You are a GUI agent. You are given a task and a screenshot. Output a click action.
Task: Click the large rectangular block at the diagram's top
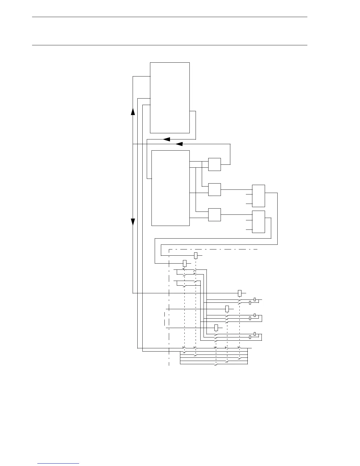[x=170, y=98]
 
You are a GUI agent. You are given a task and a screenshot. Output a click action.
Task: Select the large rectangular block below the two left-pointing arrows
[x=170, y=188]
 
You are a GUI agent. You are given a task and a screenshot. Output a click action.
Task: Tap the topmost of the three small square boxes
[x=214, y=164]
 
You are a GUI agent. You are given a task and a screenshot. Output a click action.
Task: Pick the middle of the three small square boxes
[x=214, y=190]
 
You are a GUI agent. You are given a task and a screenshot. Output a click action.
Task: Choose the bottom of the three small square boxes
[x=214, y=215]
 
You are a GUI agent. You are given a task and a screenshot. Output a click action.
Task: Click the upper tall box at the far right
[x=259, y=196]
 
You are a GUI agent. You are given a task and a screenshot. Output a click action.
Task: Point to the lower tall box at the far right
[x=259, y=222]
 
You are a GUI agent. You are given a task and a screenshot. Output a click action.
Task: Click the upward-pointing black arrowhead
[x=133, y=111]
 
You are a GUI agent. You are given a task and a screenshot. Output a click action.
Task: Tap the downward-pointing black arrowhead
[x=133, y=222]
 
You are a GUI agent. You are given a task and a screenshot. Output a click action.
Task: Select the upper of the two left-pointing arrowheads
[x=167, y=139]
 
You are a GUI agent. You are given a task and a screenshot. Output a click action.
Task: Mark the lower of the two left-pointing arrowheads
[x=179, y=144]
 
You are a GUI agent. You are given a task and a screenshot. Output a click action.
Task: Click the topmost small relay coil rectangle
[x=196, y=256]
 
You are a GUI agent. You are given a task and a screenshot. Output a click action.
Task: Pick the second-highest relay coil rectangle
[x=185, y=263]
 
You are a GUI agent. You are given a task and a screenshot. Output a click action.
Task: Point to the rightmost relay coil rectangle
[x=240, y=293]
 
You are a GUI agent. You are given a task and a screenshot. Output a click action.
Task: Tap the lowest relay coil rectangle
[x=216, y=328]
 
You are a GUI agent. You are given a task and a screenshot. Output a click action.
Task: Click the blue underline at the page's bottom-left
[x=58, y=464]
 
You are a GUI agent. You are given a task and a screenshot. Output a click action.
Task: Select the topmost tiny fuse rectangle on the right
[x=255, y=299]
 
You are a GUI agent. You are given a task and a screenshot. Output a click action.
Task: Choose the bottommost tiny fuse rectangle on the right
[x=250, y=337]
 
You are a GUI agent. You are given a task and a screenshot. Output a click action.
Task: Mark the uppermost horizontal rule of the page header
[x=169, y=17]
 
